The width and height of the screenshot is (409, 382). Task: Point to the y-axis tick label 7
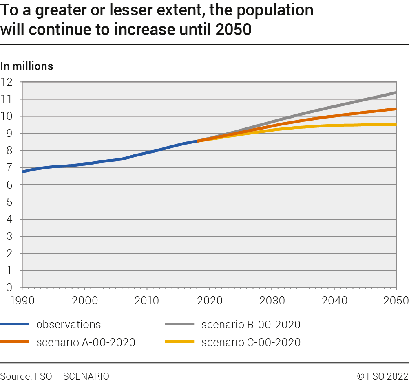(x=9, y=167)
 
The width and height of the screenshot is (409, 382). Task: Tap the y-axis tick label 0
(x=9, y=288)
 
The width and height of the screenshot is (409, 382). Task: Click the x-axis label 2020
(x=209, y=301)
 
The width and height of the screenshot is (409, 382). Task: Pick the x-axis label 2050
(x=396, y=301)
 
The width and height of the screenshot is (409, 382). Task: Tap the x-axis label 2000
(x=84, y=301)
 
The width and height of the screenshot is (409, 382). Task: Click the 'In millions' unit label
(x=27, y=66)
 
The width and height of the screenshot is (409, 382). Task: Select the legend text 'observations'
(x=69, y=324)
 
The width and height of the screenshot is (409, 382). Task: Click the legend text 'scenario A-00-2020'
(x=86, y=342)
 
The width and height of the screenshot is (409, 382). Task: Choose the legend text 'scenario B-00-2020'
(x=251, y=324)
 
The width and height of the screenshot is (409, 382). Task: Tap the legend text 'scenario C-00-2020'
(x=251, y=342)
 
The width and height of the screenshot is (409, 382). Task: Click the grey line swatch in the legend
(x=179, y=324)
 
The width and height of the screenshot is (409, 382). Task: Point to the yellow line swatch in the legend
(x=179, y=342)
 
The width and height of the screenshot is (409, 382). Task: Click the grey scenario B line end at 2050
(x=396, y=93)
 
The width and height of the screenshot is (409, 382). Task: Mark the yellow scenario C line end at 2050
(x=396, y=125)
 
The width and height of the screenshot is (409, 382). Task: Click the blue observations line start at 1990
(x=23, y=172)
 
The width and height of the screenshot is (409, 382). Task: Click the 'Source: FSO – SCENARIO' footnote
(x=55, y=376)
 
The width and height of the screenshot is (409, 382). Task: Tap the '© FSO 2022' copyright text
(x=382, y=376)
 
